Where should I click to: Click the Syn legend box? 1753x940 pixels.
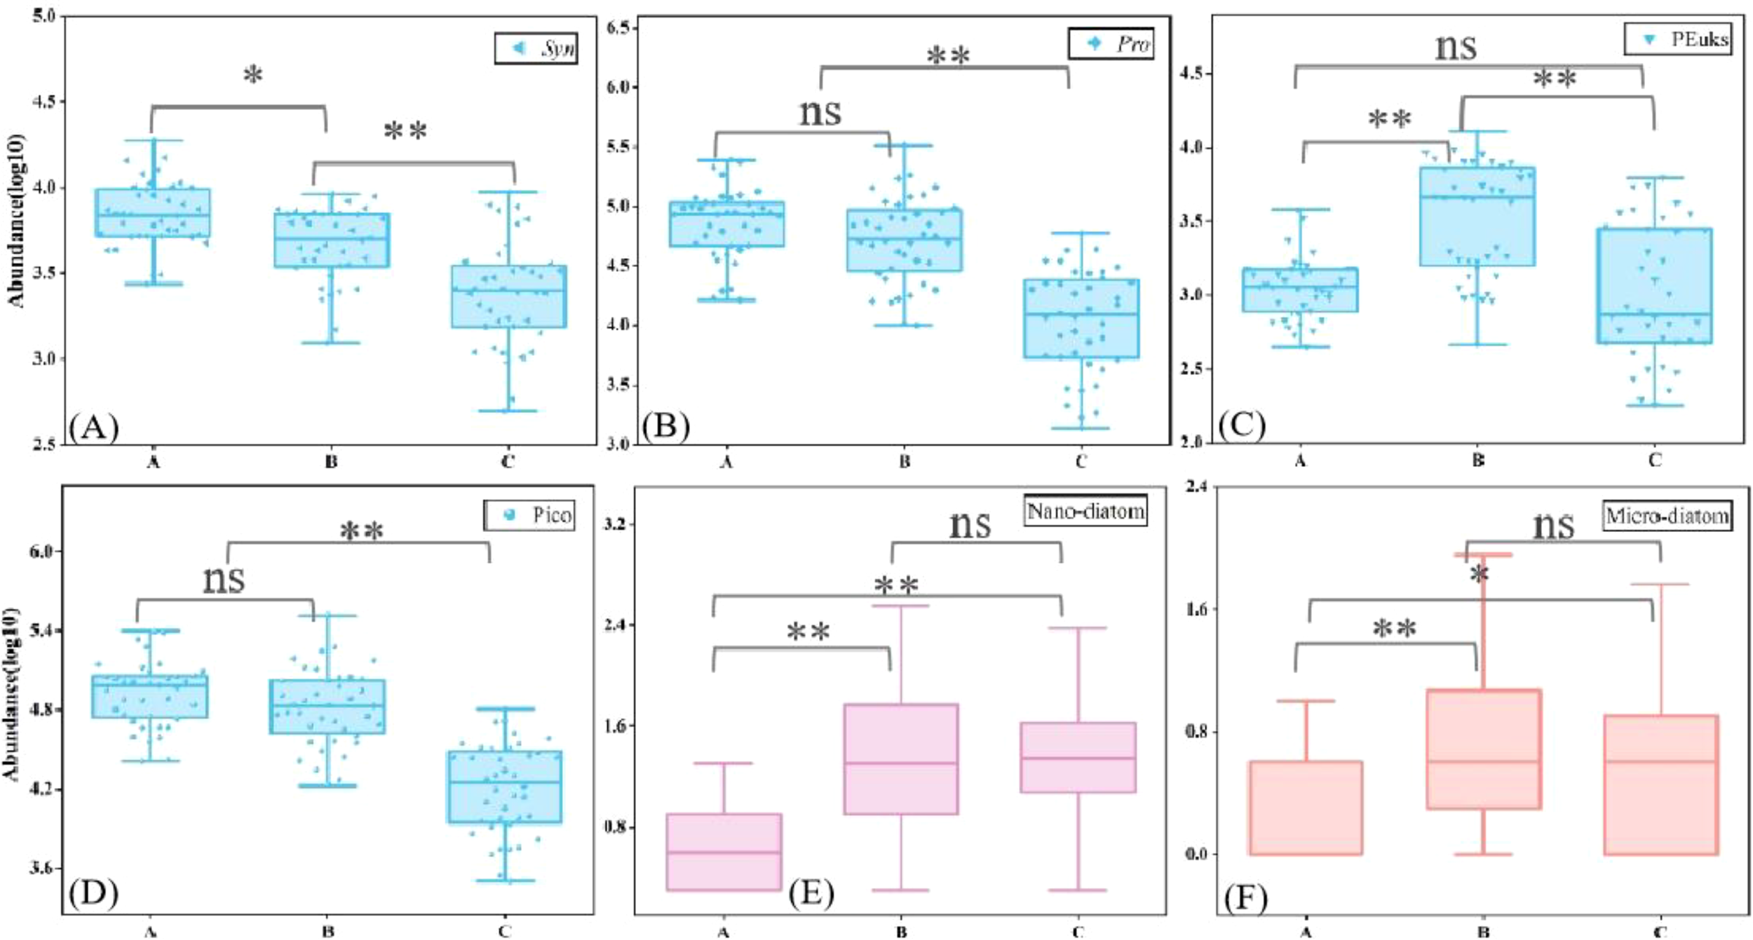point(536,48)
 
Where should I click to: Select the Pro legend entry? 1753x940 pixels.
point(1111,44)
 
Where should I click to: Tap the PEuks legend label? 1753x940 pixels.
point(1677,39)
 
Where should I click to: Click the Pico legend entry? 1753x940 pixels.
point(529,515)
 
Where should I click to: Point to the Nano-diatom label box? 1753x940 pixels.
point(1085,511)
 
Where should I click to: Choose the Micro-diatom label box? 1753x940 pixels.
point(1667,517)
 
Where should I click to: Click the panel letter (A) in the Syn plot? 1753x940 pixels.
point(94,426)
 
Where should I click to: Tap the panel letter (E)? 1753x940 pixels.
point(811,894)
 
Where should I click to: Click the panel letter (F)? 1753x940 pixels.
point(1245,897)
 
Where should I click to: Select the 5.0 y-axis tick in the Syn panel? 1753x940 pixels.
point(44,15)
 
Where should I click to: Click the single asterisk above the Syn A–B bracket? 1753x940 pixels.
point(253,75)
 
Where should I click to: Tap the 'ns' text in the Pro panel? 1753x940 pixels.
point(820,112)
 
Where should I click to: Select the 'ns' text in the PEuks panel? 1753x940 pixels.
point(1456,47)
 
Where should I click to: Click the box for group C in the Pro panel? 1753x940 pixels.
point(1081,319)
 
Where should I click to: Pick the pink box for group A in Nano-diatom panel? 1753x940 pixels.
point(724,852)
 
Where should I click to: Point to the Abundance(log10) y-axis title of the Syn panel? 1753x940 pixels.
point(17,221)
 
